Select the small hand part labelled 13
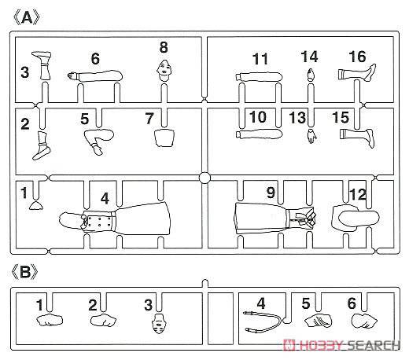[311, 136]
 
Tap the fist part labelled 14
[311, 75]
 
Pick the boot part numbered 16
[357, 72]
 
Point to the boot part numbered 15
[357, 137]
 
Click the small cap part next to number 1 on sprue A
[36, 206]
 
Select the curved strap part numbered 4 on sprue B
[262, 321]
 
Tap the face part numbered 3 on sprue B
[159, 323]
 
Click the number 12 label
[358, 194]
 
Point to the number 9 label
[271, 193]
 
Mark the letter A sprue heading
[27, 18]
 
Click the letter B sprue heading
[25, 272]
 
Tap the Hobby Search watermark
[341, 345]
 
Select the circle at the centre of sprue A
[204, 178]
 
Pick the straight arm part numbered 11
[259, 77]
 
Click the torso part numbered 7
[164, 138]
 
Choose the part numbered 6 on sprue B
[364, 321]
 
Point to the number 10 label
[258, 117]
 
